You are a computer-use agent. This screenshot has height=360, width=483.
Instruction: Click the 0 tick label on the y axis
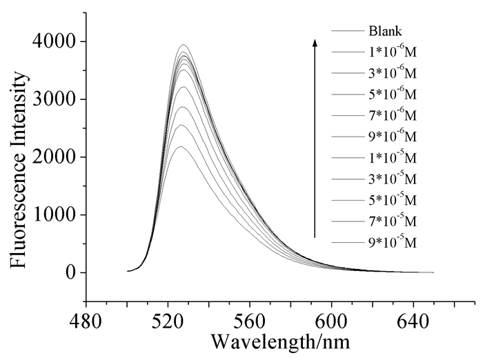point(69,273)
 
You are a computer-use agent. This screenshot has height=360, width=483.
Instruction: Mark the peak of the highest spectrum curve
point(184,45)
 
